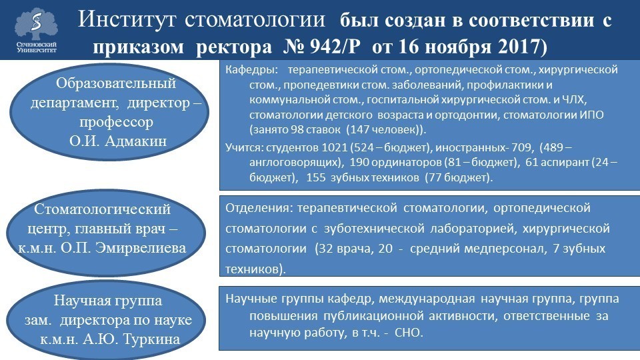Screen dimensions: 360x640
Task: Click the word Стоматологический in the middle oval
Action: tap(102, 209)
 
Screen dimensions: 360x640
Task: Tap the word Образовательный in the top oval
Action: tap(115, 84)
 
